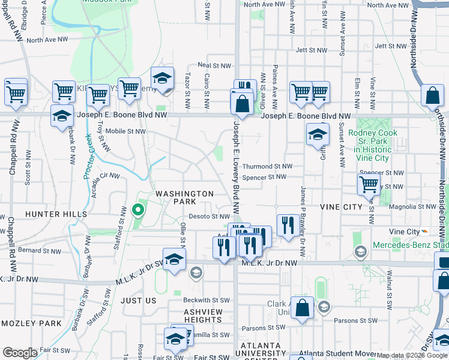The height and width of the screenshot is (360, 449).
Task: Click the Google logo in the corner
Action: [20, 353]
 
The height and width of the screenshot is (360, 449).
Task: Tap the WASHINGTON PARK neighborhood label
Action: [184, 198]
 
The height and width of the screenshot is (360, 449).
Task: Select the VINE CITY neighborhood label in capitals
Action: [341, 207]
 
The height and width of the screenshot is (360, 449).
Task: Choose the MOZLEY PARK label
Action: [31, 323]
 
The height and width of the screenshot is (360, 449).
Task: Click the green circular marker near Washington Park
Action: [137, 210]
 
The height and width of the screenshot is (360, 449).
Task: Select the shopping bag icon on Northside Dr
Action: [432, 96]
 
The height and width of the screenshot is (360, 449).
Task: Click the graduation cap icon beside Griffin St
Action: [318, 134]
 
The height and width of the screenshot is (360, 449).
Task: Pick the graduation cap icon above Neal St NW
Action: [161, 78]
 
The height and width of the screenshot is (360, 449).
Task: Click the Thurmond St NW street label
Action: [267, 166]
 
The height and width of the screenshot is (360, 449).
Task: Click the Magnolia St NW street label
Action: [411, 206]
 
